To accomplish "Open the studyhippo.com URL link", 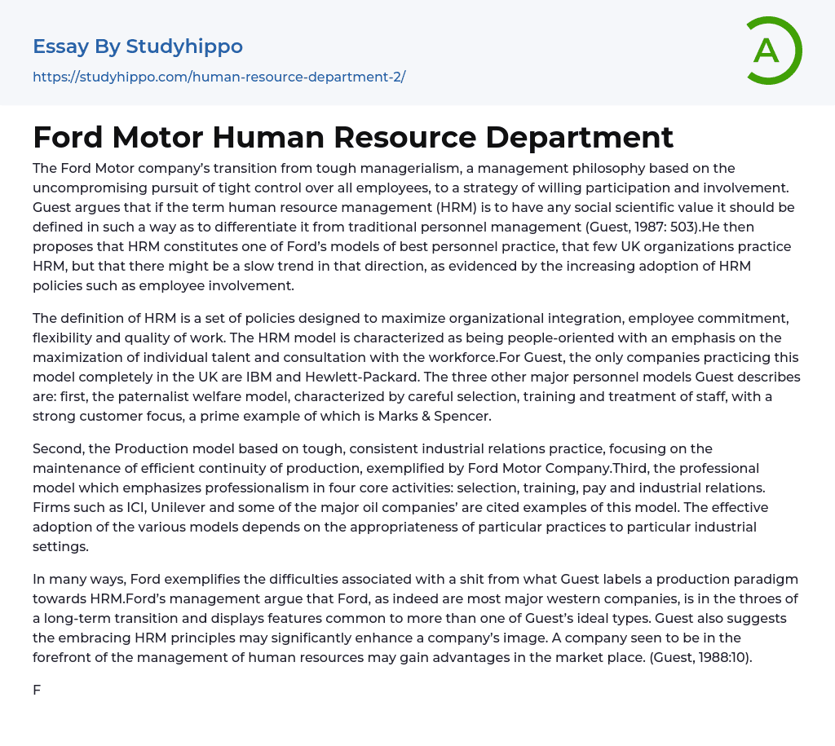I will pyautogui.click(x=219, y=77).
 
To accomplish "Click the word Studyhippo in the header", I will pyautogui.click(x=184, y=46).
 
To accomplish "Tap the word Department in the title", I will pyautogui.click(x=580, y=137).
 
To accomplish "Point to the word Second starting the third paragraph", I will pyautogui.click(x=59, y=449).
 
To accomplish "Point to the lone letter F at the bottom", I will pyautogui.click(x=37, y=691).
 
